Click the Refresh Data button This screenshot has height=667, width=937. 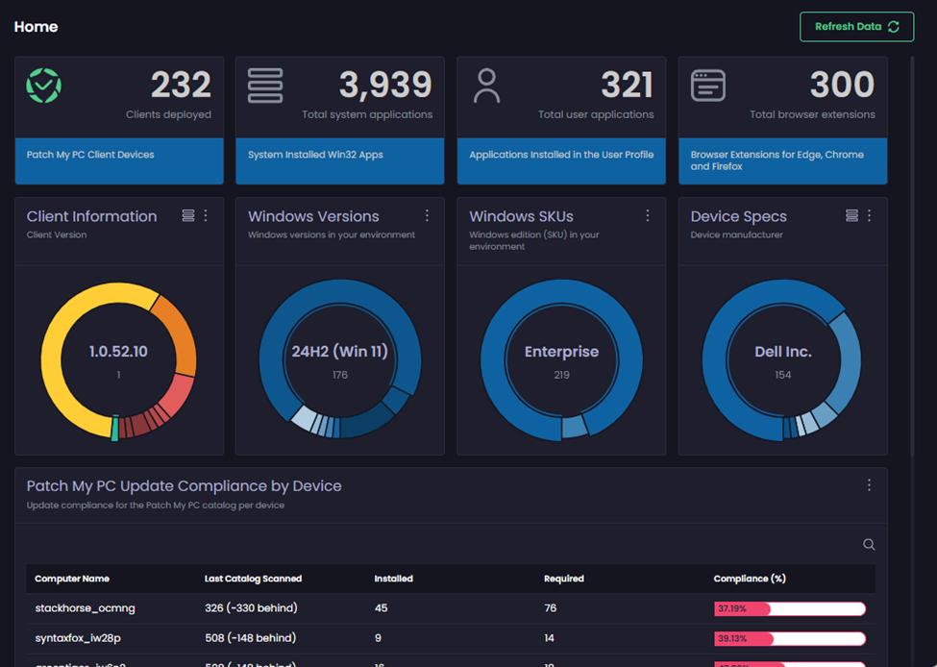point(856,27)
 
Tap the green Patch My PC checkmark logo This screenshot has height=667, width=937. point(43,86)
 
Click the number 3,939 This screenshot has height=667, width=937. point(385,86)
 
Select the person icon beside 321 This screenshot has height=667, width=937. point(487,86)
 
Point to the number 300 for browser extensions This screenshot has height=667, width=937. point(842,86)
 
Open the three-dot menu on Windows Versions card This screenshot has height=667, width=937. point(427,215)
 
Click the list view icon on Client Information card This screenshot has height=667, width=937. point(188,215)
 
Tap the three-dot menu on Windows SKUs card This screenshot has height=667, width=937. point(648,215)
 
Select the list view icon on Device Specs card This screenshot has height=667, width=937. point(851,215)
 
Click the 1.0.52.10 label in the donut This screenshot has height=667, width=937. point(119,352)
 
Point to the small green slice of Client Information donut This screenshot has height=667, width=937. point(114,429)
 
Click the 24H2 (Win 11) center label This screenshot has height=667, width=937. point(340,352)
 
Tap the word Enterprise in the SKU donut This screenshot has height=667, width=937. point(561,352)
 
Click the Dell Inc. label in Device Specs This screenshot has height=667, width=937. point(783,352)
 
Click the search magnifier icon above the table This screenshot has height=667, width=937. point(869,545)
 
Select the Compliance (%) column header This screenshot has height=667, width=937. point(750,579)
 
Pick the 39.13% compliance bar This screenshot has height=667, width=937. point(790,638)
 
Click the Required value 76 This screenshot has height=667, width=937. point(551,608)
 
